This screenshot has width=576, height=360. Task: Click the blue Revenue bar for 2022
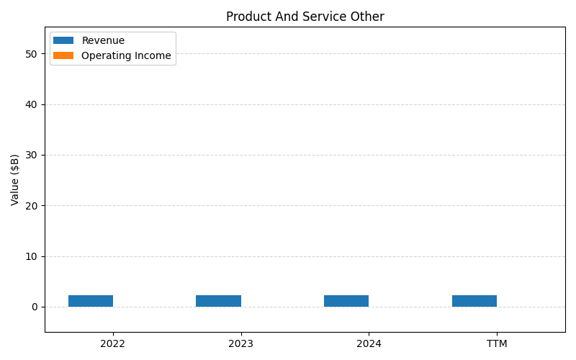click(x=91, y=301)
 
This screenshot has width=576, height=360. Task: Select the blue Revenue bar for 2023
click(x=218, y=301)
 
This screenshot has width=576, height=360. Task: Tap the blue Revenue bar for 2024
click(x=346, y=301)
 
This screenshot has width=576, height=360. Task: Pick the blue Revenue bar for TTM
click(x=474, y=301)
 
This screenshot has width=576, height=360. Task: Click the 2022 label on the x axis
click(x=113, y=344)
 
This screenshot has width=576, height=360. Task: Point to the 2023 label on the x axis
click(x=240, y=344)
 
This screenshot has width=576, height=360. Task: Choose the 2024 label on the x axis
click(x=369, y=344)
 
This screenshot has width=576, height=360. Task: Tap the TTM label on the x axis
click(x=497, y=344)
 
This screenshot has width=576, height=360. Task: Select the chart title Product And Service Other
click(x=305, y=17)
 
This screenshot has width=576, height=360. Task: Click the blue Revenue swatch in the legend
click(x=63, y=41)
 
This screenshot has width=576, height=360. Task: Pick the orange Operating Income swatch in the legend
click(x=63, y=55)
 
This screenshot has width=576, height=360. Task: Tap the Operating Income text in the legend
click(x=126, y=55)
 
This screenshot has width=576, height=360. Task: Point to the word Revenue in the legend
click(x=103, y=41)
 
